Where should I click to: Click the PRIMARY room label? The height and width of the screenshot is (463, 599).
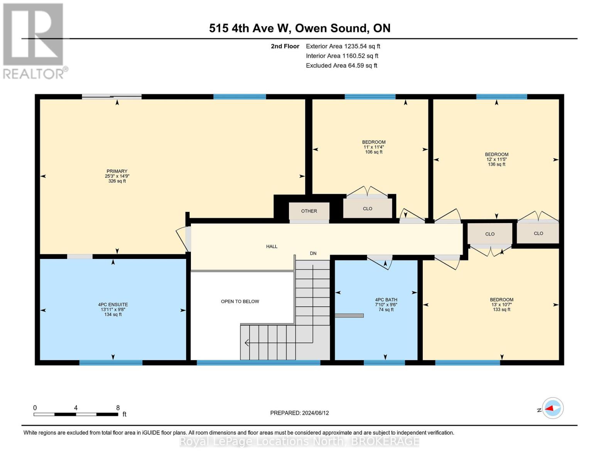pyautogui.click(x=117, y=176)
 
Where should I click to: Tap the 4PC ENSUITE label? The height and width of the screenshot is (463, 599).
pyautogui.click(x=113, y=309)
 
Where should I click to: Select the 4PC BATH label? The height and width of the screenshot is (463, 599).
pyautogui.click(x=386, y=304)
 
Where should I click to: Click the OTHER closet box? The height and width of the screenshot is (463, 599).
pyautogui.click(x=309, y=211)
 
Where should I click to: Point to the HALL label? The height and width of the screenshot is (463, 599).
pyautogui.click(x=272, y=247)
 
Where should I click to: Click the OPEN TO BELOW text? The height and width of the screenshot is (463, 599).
pyautogui.click(x=240, y=301)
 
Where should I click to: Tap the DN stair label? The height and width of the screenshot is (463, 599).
pyautogui.click(x=313, y=253)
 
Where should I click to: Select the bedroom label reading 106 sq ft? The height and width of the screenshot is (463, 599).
pyautogui.click(x=373, y=147)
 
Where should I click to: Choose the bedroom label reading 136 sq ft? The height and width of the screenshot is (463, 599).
pyautogui.click(x=496, y=159)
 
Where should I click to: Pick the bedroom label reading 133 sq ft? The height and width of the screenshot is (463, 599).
pyautogui.click(x=501, y=304)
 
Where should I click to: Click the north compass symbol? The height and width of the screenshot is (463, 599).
pyautogui.click(x=552, y=408)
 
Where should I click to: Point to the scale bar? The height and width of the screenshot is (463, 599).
pyautogui.click(x=76, y=414)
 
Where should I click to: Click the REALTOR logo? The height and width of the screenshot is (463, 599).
pyautogui.click(x=34, y=41)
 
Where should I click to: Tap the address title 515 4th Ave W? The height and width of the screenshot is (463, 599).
pyautogui.click(x=299, y=28)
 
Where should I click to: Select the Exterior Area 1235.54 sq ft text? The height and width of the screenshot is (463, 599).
pyautogui.click(x=343, y=46)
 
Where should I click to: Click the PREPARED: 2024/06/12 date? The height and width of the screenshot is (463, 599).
pyautogui.click(x=299, y=413)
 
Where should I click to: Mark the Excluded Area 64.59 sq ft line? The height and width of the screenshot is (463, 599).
pyautogui.click(x=341, y=66)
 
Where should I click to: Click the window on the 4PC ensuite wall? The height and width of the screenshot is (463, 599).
pyautogui.click(x=111, y=363)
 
